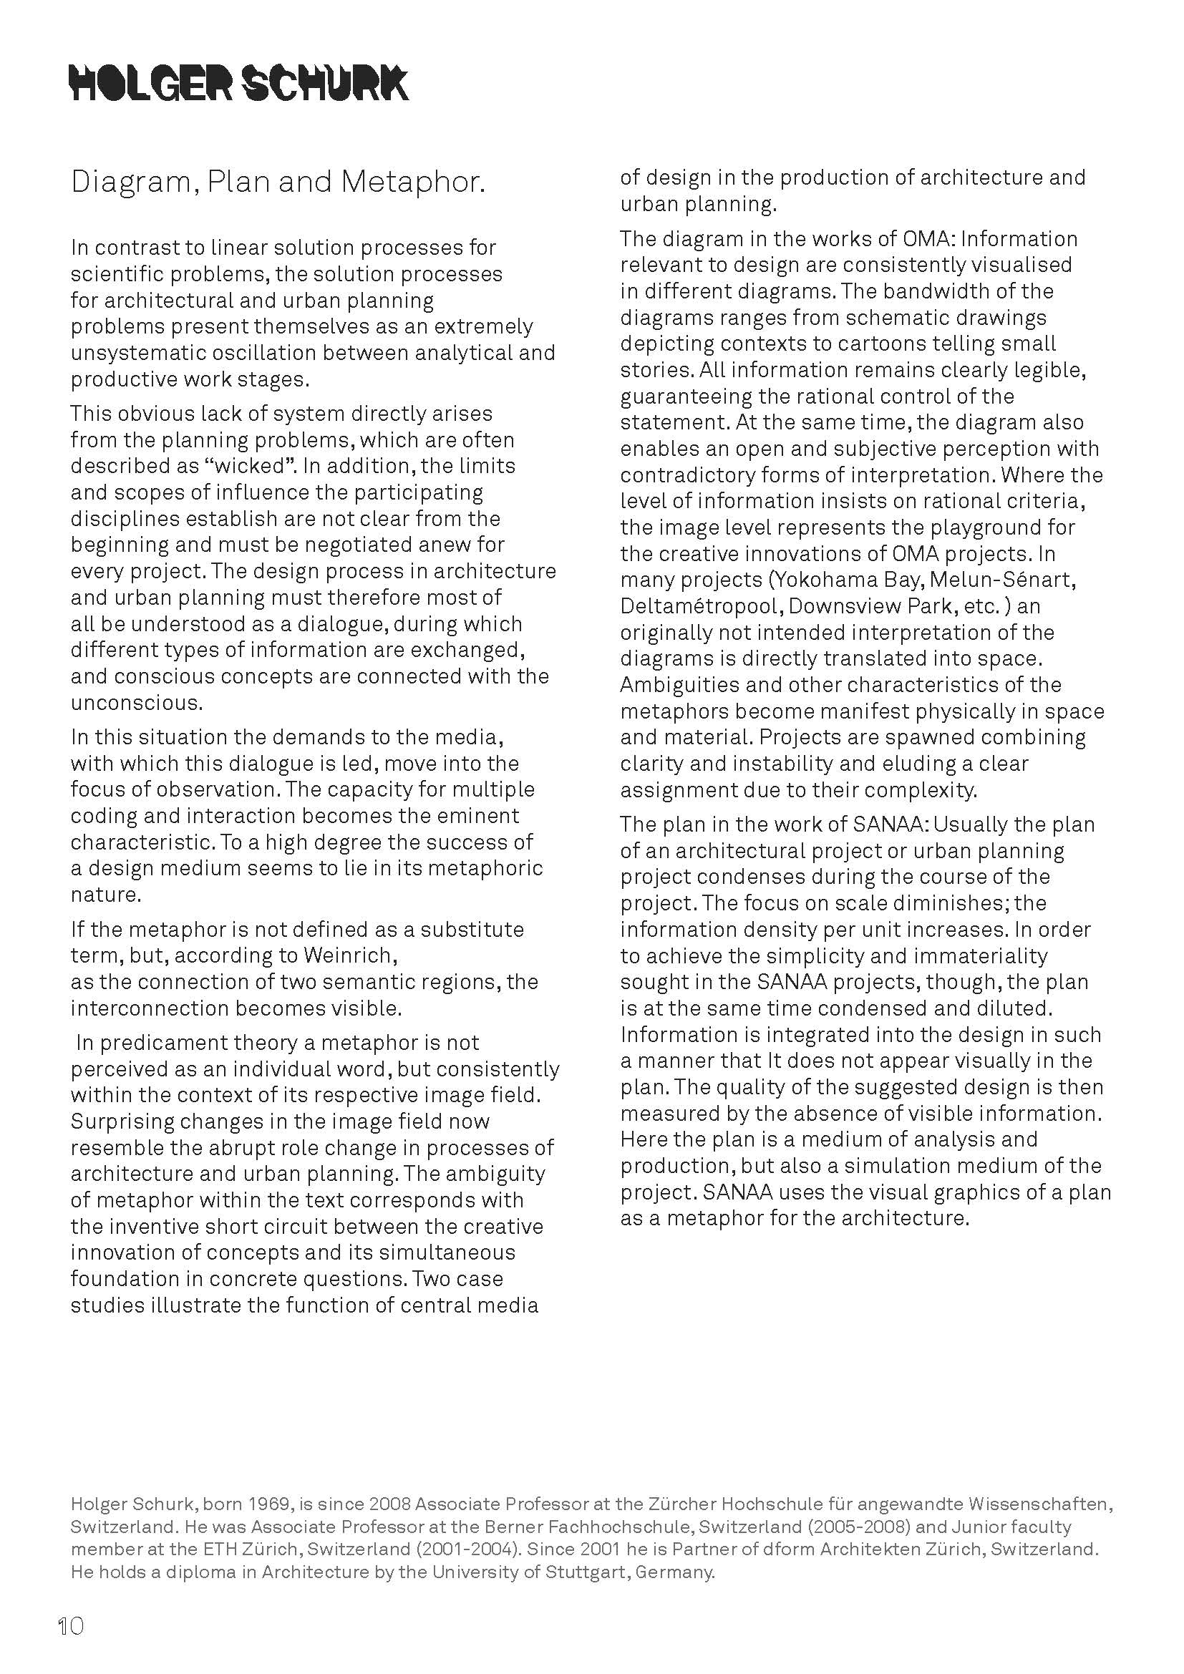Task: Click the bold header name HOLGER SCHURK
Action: (x=238, y=82)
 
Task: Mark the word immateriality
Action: (x=973, y=956)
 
